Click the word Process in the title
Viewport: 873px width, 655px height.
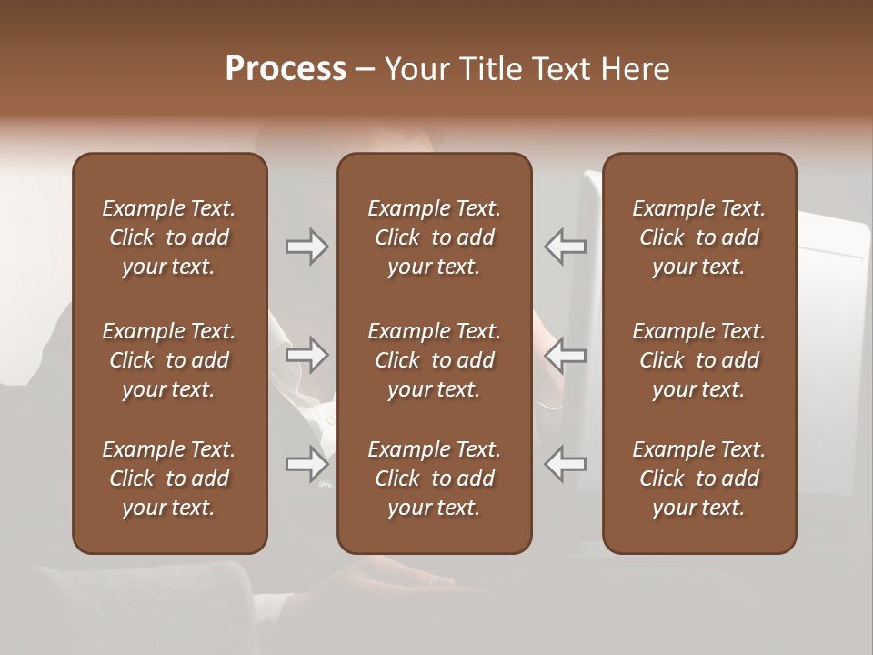(x=286, y=69)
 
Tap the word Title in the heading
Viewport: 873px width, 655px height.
(x=487, y=69)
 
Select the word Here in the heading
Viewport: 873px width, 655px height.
(x=635, y=69)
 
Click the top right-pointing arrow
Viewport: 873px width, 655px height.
(x=307, y=247)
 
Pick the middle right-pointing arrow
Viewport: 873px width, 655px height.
(x=307, y=355)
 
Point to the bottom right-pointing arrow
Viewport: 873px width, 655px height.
(x=307, y=464)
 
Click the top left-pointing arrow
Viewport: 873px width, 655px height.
(x=565, y=247)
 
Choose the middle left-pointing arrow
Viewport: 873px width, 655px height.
(x=565, y=355)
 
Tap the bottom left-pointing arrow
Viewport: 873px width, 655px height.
(x=565, y=464)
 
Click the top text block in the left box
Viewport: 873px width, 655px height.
(x=169, y=237)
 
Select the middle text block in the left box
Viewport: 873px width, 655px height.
(x=169, y=360)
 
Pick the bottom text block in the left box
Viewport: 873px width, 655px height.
(x=169, y=479)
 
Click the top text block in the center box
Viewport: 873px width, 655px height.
(x=434, y=237)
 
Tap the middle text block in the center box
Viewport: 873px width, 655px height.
(x=434, y=360)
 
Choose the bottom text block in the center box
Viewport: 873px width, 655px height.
(x=434, y=479)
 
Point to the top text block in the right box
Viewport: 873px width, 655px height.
(x=699, y=237)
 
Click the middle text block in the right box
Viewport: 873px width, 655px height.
(x=699, y=360)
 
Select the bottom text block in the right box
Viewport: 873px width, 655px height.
(x=699, y=479)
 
